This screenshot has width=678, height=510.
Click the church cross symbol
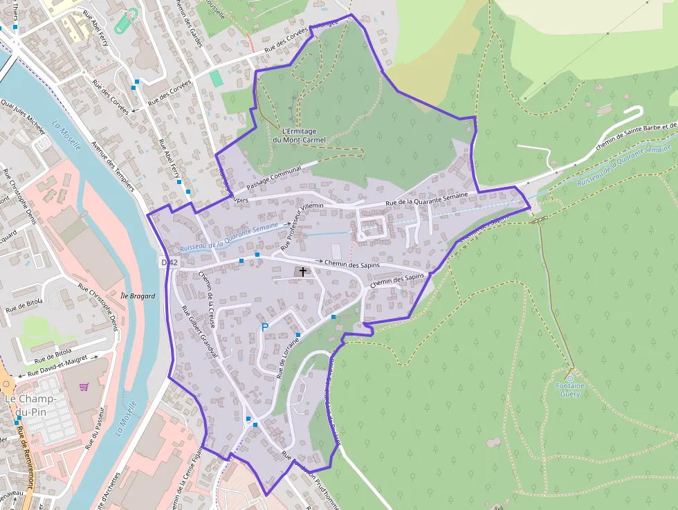(303, 272)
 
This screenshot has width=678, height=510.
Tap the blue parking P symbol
(264, 327)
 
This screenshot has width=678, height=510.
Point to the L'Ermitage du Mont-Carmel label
(299, 135)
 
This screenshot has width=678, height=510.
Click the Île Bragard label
(137, 296)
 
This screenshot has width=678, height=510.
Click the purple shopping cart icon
(84, 388)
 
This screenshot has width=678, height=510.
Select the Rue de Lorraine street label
(288, 357)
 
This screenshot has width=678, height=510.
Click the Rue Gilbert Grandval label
(199, 331)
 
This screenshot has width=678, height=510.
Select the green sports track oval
(123, 22)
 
